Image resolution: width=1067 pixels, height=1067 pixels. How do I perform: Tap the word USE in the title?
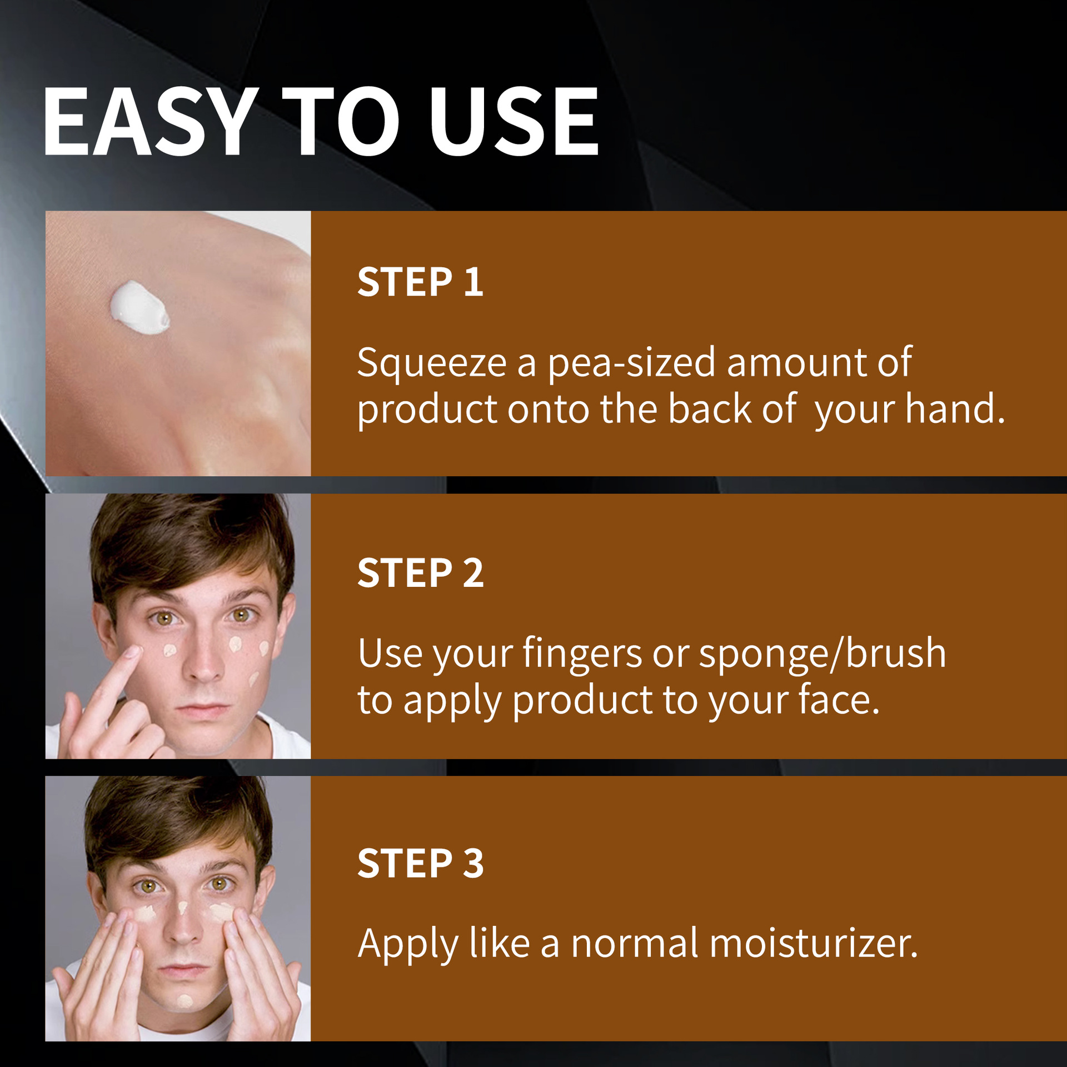tap(513, 121)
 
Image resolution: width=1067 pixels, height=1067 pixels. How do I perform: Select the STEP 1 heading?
tap(420, 282)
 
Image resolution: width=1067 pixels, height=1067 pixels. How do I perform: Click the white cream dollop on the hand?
tap(139, 308)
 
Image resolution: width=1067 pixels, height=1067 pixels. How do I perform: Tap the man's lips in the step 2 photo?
tap(202, 710)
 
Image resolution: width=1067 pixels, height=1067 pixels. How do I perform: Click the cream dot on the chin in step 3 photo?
tap(185, 1001)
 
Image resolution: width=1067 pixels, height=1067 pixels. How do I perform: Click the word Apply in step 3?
tap(408, 944)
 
